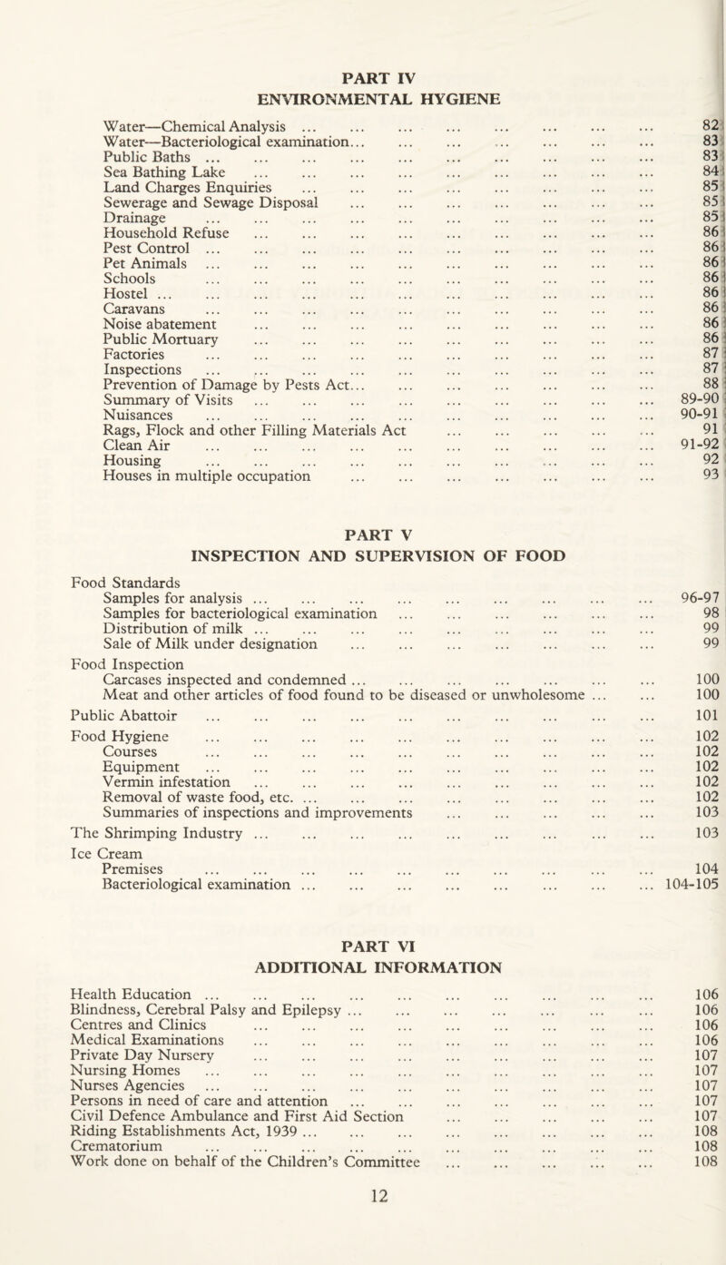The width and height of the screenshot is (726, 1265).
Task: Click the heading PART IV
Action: point(362,66)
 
